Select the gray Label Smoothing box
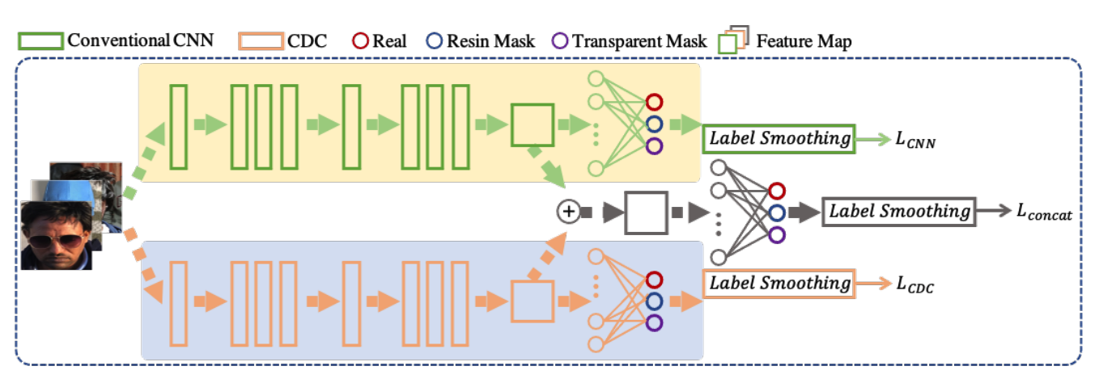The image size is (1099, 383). click(899, 212)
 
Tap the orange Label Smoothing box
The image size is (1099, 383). click(779, 284)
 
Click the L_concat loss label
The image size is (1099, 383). click(1044, 213)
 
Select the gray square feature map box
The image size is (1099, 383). click(645, 213)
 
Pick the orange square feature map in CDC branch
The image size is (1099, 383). click(532, 302)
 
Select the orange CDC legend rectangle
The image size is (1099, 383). click(261, 40)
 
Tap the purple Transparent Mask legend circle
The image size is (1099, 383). click(559, 40)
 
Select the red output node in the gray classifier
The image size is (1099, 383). click(777, 191)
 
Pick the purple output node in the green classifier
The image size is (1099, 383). click(655, 147)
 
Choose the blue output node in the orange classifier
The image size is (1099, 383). click(655, 301)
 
